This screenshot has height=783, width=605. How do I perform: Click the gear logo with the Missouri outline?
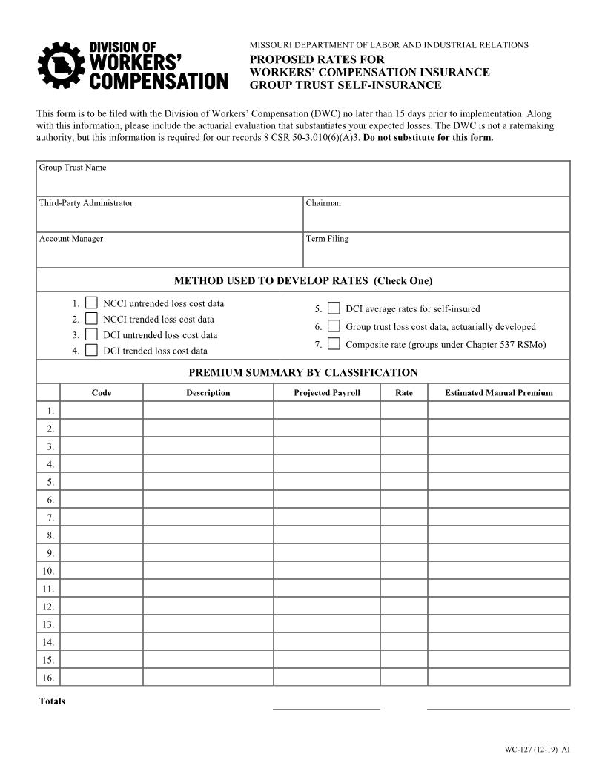tap(57, 66)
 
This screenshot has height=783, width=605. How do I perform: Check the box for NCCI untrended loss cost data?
tap(91, 303)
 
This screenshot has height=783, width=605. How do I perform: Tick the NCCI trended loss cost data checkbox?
tap(91, 319)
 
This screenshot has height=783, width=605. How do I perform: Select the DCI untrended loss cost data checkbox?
tap(91, 334)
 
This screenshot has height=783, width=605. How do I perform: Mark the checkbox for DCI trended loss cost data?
tap(91, 351)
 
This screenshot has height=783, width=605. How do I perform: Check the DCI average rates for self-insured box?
tap(334, 308)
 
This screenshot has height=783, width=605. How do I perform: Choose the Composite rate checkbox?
tap(334, 344)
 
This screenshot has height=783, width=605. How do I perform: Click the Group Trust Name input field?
tap(302, 182)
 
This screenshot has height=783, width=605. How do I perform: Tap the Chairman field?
tap(436, 218)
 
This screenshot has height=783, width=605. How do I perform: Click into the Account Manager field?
tap(169, 254)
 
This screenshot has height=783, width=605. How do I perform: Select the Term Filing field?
tap(436, 254)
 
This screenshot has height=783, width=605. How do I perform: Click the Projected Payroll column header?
tap(326, 393)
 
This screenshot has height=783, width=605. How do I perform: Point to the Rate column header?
tap(403, 393)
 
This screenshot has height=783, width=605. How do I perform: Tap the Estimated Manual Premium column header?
tap(498, 393)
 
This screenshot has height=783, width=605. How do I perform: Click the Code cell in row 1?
tap(101, 411)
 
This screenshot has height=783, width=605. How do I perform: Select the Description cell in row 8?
tap(208, 535)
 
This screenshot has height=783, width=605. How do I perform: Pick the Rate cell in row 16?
tap(403, 678)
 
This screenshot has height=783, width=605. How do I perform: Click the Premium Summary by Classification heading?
tap(302, 373)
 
